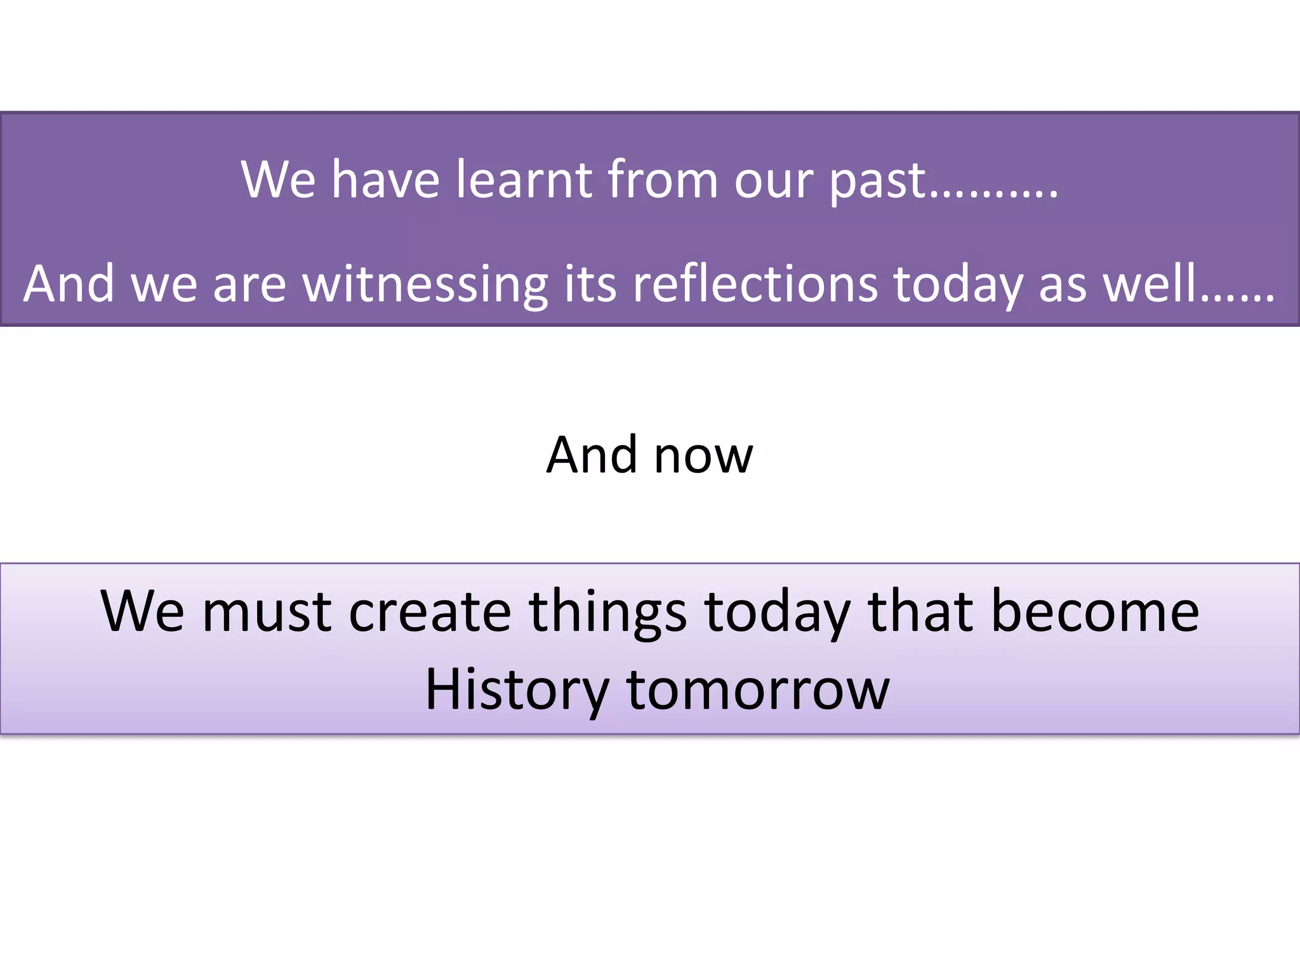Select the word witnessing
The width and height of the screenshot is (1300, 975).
pyautogui.click(x=425, y=284)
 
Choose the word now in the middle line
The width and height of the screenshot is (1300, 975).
pyautogui.click(x=703, y=456)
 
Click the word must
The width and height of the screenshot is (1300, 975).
pyautogui.click(x=267, y=611)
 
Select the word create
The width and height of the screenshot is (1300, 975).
pyautogui.click(x=430, y=611)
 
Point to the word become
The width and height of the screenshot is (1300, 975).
pyautogui.click(x=1095, y=611)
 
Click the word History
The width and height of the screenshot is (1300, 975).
pyautogui.click(x=517, y=691)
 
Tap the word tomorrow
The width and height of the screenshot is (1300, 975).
pyautogui.click(x=758, y=689)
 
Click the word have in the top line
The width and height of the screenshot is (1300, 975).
pyautogui.click(x=385, y=180)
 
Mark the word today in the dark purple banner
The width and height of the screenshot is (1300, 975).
pyautogui.click(x=958, y=284)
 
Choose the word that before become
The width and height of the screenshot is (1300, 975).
pyautogui.click(x=920, y=611)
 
